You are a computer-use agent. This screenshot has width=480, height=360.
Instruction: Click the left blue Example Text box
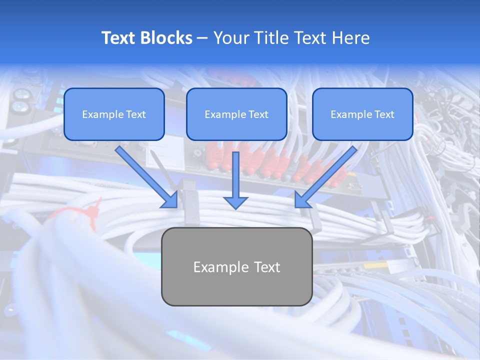(x=114, y=114)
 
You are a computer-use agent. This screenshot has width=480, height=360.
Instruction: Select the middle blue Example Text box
(x=236, y=114)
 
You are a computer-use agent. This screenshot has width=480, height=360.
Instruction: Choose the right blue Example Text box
(x=362, y=114)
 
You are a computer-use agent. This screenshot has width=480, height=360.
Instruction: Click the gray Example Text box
(x=236, y=266)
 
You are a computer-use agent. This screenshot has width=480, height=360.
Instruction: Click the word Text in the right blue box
(x=384, y=114)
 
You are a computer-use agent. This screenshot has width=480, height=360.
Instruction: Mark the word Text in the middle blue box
(x=258, y=114)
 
